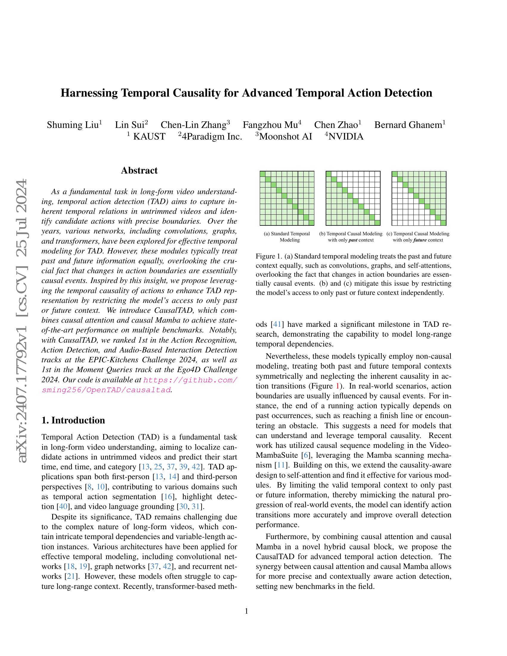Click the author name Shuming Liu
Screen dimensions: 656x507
(x=72, y=125)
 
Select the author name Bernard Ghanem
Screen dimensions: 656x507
(x=408, y=125)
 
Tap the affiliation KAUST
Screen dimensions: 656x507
(x=149, y=136)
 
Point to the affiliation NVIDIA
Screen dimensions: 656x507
(x=346, y=136)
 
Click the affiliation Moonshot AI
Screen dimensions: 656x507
(x=285, y=136)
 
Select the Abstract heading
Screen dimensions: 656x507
(x=139, y=171)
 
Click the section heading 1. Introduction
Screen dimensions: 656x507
(x=73, y=420)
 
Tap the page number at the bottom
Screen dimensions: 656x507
(x=246, y=611)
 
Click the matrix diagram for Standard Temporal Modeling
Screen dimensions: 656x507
(x=287, y=198)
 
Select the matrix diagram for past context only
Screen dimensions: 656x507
(x=353, y=198)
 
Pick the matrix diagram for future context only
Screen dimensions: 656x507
(x=419, y=198)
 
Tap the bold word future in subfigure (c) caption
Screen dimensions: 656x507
(x=420, y=240)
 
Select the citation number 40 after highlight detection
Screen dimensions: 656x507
(x=63, y=507)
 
